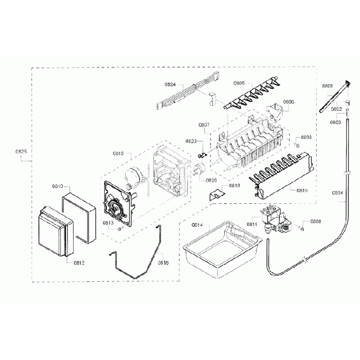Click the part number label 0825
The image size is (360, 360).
(22, 151)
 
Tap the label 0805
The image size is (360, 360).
(239, 83)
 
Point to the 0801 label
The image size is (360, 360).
(327, 86)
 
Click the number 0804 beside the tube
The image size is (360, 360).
(337, 193)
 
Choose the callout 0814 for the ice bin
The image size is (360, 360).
(197, 225)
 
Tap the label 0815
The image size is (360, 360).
(118, 153)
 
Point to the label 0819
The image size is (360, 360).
(302, 191)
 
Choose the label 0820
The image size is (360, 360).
(211, 181)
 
